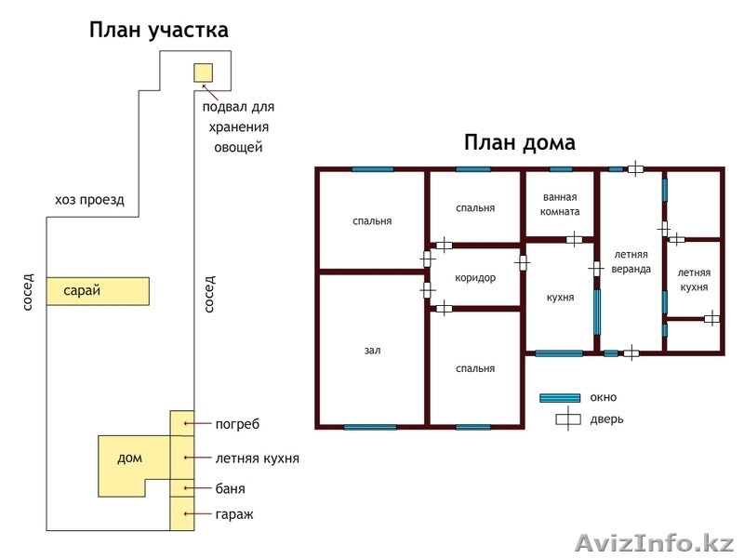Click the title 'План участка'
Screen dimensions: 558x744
pyautogui.click(x=159, y=31)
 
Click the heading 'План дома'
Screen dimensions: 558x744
pyautogui.click(x=519, y=143)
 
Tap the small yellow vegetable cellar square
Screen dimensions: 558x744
pyautogui.click(x=203, y=72)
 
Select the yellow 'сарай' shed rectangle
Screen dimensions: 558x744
pyautogui.click(x=99, y=291)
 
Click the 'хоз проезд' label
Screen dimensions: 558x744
pyautogui.click(x=89, y=200)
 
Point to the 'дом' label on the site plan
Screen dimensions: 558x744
pyautogui.click(x=130, y=458)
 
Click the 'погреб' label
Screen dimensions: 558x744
pyautogui.click(x=237, y=424)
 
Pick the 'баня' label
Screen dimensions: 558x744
pyautogui.click(x=230, y=488)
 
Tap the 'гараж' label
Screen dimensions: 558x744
pyautogui.click(x=233, y=513)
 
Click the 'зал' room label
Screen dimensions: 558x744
pyautogui.click(x=372, y=351)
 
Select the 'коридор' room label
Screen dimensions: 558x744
pyautogui.click(x=475, y=278)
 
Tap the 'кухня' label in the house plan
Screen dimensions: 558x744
pyautogui.click(x=560, y=298)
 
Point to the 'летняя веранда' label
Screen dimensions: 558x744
pyautogui.click(x=630, y=261)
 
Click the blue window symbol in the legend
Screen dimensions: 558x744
pyautogui.click(x=560, y=398)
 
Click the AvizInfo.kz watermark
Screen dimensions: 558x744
pyautogui.click(x=655, y=542)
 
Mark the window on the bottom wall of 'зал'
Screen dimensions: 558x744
pyautogui.click(x=370, y=427)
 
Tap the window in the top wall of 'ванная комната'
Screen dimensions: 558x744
pyautogui.click(x=561, y=169)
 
